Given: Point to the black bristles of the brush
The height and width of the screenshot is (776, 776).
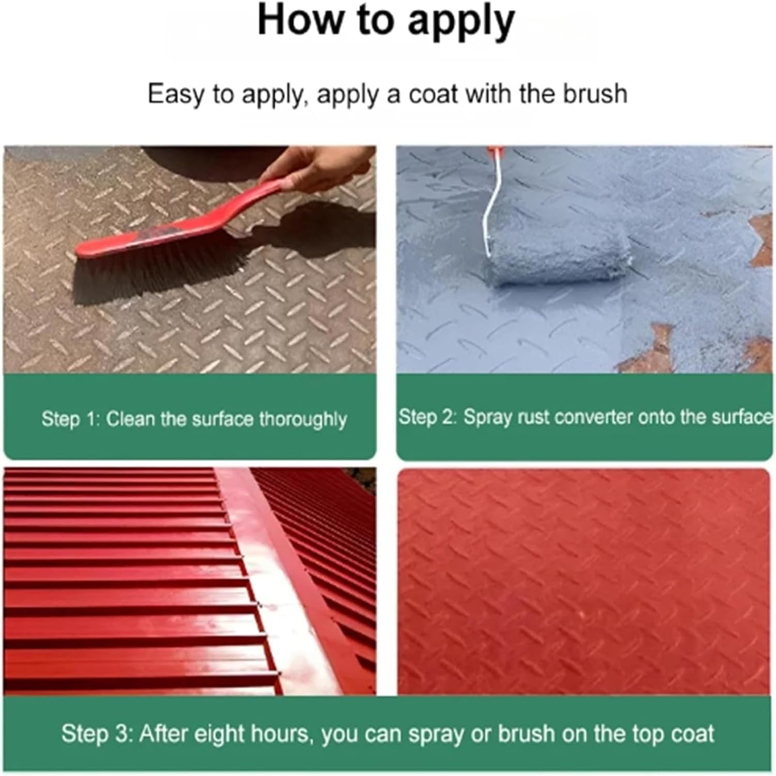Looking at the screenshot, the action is (155, 272).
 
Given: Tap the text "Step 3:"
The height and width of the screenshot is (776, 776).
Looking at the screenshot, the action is (96, 734).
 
